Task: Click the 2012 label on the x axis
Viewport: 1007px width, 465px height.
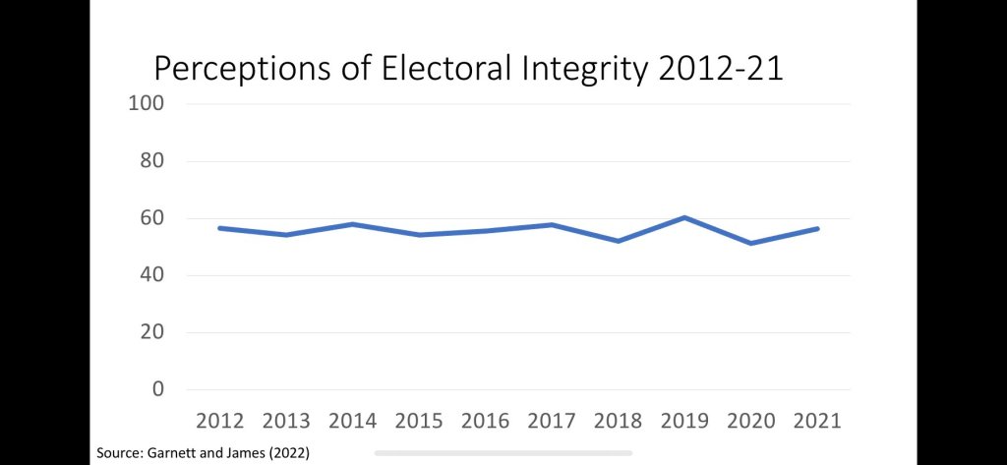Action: (221, 421)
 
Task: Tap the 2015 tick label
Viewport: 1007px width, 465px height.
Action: (420, 421)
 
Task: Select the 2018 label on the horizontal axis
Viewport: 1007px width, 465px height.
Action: (618, 421)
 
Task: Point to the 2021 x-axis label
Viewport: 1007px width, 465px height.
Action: (816, 421)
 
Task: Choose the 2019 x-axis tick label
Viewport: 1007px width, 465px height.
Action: (684, 421)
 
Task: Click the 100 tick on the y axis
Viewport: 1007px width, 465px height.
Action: (146, 103)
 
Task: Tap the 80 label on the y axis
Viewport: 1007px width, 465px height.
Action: (150, 160)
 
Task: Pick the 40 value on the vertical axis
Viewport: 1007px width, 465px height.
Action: (150, 275)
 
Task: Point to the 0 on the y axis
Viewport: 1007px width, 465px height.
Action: (157, 389)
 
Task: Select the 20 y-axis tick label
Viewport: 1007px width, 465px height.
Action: (150, 332)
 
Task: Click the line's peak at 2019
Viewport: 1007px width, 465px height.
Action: (684, 217)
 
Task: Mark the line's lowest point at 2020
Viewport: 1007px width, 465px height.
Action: (750, 243)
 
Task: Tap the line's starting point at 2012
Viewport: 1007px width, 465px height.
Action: (221, 228)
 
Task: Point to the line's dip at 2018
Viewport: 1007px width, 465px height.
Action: (618, 241)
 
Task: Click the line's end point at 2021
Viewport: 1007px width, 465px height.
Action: (816, 228)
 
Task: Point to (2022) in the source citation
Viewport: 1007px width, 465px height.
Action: (287, 452)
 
